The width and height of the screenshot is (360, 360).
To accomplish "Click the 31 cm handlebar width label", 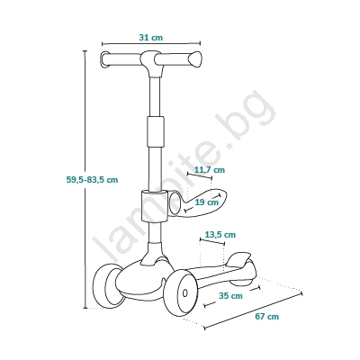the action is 150,38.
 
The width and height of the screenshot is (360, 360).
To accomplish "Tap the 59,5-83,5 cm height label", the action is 92,180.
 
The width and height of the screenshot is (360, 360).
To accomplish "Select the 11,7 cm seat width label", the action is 210,170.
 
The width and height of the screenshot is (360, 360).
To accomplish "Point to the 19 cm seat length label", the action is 206,202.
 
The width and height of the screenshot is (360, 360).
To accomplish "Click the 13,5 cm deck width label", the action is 220,234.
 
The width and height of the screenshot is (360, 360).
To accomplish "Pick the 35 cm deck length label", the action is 230,296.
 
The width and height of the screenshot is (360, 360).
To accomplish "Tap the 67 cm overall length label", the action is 266,316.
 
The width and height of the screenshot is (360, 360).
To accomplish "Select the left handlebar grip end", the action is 104,59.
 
